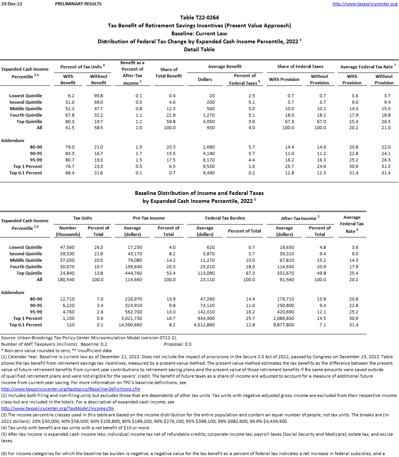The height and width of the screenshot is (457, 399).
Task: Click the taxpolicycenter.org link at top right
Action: [364, 4]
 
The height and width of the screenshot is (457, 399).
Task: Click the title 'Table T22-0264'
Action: [199, 17]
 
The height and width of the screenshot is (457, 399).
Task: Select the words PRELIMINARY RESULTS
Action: [78, 4]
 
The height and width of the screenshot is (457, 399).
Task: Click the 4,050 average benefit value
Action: [209, 122]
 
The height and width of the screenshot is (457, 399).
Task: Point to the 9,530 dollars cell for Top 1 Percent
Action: [209, 166]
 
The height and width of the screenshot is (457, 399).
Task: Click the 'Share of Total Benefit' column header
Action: [169, 73]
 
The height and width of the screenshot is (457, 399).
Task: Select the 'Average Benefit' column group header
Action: [225, 66]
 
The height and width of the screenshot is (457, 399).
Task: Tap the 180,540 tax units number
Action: [66, 280]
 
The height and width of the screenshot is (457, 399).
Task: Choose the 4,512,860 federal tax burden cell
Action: [204, 325]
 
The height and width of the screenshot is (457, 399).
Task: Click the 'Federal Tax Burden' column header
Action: [225, 218]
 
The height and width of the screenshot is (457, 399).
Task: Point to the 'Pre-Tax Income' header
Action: [149, 218]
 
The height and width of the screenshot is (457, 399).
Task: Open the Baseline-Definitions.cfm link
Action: [71, 389]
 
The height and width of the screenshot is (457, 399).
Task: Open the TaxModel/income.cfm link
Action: [57, 408]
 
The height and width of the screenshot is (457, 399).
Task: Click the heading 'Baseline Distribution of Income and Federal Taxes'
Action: [199, 193]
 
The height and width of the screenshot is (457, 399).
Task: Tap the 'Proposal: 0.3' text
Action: [177, 344]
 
